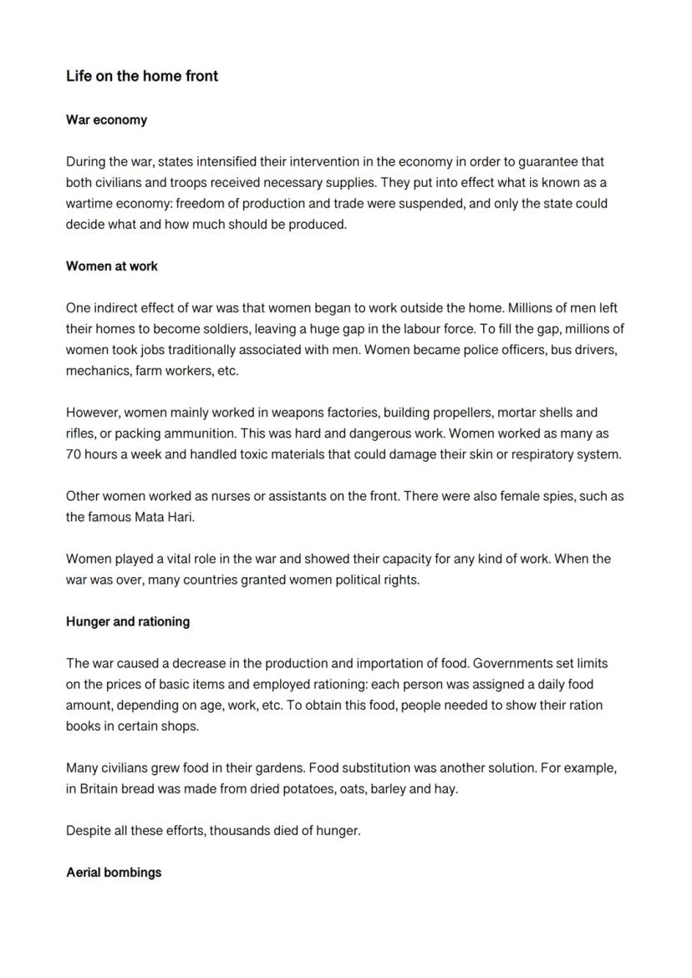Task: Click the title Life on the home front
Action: [x=142, y=76]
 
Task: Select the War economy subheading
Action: [x=106, y=120]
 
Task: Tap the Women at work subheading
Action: [x=112, y=266]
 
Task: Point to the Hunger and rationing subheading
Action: [x=128, y=621]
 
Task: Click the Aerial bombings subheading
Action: [x=114, y=873]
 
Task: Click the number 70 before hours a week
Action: [x=74, y=454]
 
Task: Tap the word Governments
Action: [x=512, y=663]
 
